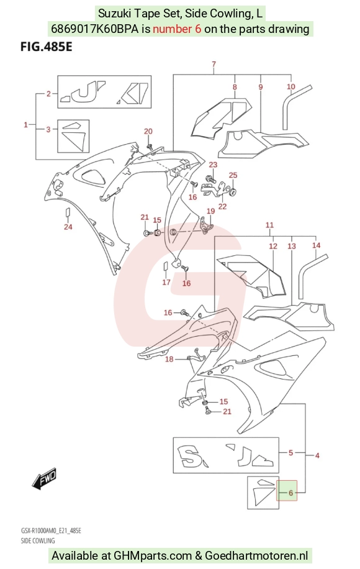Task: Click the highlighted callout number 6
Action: point(290,493)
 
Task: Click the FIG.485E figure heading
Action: point(46,47)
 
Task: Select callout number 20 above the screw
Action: point(148,131)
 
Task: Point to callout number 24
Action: point(68,227)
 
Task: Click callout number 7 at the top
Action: point(214,65)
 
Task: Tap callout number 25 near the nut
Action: point(233,175)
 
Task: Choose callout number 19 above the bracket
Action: point(210,211)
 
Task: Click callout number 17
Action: point(166,282)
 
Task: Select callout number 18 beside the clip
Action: point(169,359)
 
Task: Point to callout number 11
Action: point(269,225)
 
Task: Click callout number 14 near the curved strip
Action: point(316,245)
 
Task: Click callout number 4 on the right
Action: point(317,455)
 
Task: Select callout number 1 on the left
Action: point(25,125)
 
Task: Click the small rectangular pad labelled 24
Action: point(67,212)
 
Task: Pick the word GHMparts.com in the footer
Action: point(153,555)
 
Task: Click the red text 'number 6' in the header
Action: point(177,29)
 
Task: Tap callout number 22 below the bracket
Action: point(222,206)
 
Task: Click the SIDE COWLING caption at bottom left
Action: point(38,540)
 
